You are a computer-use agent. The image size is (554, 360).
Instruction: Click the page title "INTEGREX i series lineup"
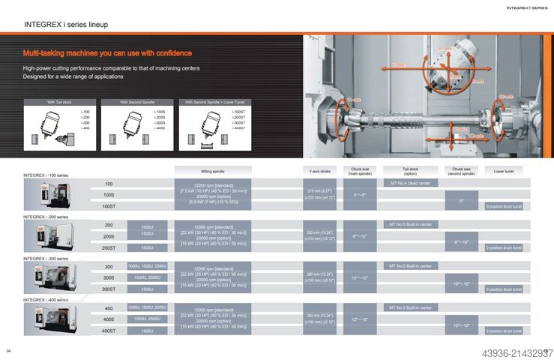point(66,25)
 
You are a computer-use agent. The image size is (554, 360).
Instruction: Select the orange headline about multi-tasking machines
point(107,53)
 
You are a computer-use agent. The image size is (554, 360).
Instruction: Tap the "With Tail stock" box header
point(58,102)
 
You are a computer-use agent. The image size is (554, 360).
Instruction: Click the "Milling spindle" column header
point(213,171)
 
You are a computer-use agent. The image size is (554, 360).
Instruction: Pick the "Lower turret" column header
point(504,171)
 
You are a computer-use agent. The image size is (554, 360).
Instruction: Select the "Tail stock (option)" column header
point(409,171)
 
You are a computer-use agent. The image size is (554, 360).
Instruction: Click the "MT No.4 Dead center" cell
point(409,183)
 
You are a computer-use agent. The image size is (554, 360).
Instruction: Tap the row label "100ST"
point(109,205)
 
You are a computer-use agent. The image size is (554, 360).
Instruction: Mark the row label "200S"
point(109,236)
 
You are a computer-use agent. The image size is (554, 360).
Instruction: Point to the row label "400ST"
point(109,331)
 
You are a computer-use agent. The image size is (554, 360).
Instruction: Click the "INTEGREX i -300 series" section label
point(46,258)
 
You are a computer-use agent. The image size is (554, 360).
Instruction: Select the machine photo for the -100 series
point(45,195)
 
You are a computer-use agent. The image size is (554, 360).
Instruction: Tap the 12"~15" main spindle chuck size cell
point(360,319)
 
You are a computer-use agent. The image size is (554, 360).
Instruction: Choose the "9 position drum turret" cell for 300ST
point(504,289)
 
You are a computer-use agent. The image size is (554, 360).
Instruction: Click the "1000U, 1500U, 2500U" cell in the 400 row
point(147,307)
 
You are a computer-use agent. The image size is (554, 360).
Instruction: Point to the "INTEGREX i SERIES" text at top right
point(528,7)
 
